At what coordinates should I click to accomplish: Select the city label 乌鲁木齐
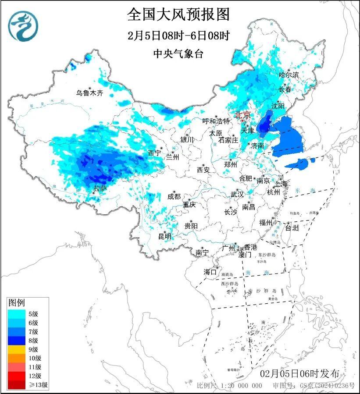click(89, 93)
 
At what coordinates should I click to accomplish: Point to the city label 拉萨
click(100, 188)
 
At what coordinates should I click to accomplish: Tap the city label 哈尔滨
click(289, 75)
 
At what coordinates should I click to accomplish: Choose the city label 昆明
click(165, 236)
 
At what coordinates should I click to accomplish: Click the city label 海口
click(210, 272)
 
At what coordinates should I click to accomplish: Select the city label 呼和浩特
click(216, 121)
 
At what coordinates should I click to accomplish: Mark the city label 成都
click(174, 197)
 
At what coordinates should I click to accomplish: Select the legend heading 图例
click(17, 302)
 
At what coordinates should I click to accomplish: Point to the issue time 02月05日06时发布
click(299, 374)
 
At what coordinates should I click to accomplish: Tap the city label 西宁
click(154, 153)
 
